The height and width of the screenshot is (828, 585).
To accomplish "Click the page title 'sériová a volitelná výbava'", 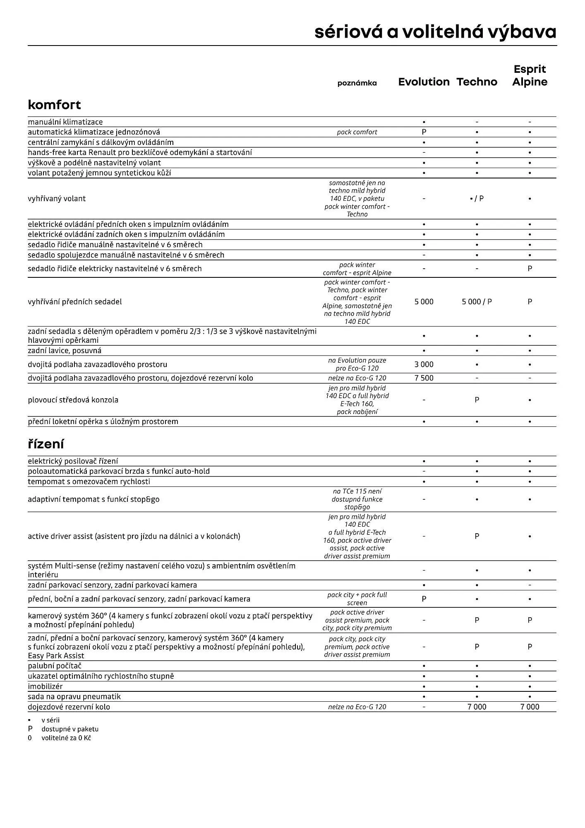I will [435, 32].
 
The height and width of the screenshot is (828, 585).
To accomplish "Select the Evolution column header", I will [424, 82].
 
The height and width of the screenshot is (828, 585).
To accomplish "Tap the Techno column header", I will [477, 82].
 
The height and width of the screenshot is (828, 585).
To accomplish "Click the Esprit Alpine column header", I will [530, 75].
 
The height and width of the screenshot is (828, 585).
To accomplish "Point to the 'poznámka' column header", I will [357, 83].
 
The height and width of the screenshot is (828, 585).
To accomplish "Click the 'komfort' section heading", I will [54, 105].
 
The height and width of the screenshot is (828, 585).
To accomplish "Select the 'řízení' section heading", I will [46, 444].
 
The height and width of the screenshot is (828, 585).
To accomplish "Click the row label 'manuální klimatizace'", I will [65, 122].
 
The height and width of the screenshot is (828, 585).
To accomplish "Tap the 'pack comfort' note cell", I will [357, 132].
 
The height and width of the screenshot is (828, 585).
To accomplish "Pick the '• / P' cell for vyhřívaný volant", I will [477, 199].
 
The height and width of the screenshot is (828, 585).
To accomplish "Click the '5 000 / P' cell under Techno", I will [477, 302].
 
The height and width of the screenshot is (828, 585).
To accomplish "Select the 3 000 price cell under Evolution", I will [424, 365].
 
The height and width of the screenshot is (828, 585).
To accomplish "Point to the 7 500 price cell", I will [424, 378].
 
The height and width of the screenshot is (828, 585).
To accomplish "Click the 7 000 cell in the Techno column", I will [477, 707].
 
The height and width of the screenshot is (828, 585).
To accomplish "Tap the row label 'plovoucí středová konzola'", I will [73, 400].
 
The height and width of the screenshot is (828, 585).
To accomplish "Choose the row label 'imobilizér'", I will [45, 686].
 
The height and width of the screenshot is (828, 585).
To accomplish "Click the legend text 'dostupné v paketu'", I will [70, 729].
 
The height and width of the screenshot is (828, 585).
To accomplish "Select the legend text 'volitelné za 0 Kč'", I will [66, 738].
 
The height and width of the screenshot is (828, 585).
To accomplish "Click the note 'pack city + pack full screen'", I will [357, 599].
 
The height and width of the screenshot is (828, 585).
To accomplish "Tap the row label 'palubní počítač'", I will [55, 666].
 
